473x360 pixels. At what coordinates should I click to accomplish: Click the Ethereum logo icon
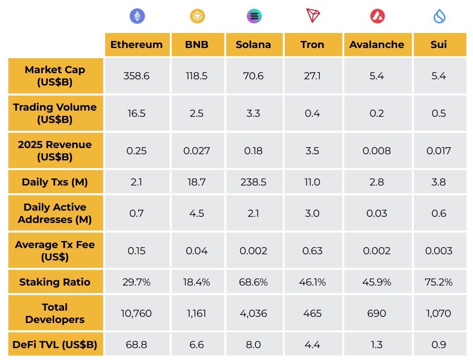(x=137, y=16)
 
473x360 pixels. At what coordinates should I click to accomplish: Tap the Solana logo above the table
(x=254, y=16)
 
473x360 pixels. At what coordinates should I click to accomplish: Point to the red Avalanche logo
(x=377, y=16)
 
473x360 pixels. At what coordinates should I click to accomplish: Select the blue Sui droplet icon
(x=439, y=16)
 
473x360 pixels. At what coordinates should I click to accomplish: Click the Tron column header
(x=312, y=45)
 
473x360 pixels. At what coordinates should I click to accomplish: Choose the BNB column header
(x=197, y=45)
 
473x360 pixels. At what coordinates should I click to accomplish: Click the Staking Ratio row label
(x=55, y=282)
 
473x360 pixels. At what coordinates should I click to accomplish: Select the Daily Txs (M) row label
(x=55, y=182)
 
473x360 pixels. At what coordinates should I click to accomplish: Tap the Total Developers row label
(x=55, y=313)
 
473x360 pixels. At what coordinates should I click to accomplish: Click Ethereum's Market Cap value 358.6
(x=136, y=76)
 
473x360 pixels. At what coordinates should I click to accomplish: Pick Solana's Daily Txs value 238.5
(x=253, y=182)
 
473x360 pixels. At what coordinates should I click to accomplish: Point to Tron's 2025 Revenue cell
(x=312, y=151)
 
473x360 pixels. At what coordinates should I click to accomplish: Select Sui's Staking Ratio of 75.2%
(x=439, y=282)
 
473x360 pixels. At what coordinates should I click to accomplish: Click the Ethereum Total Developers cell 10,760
(x=136, y=313)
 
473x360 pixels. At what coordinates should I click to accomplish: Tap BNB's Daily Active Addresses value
(x=197, y=213)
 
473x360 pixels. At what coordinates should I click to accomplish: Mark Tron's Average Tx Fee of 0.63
(x=312, y=251)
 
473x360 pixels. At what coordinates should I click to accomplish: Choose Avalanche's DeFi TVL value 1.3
(x=377, y=345)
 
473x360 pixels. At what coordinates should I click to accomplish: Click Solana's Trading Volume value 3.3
(x=253, y=113)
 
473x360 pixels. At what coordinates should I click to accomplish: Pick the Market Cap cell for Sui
(x=439, y=76)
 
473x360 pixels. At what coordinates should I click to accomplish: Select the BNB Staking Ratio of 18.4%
(x=197, y=282)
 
